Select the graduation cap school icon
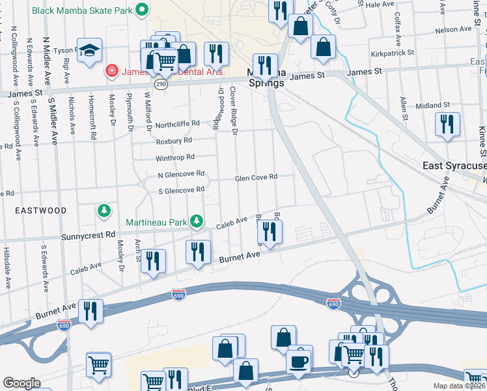pos(89,50)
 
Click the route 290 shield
pos(161,84)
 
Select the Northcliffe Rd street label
pos(176,124)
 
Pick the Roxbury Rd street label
pos(174,140)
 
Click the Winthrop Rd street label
pos(175,157)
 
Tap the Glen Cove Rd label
pos(256,177)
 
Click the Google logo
pos(21,383)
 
